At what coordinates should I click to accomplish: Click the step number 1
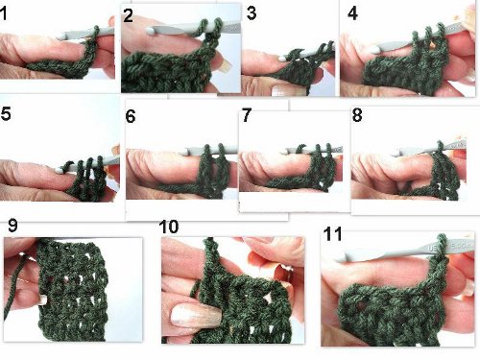coord(3,14)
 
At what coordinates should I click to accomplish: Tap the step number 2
coord(128,15)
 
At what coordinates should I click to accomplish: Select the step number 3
coord(252,13)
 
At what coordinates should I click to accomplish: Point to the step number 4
coord(352,13)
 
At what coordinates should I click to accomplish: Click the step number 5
coord(6,113)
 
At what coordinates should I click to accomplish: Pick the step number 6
coord(131,116)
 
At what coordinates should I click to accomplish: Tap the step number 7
coord(247,115)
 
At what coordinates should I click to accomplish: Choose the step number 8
coord(357,115)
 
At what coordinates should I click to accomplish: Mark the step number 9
coord(12,226)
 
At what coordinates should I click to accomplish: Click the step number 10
coord(168,227)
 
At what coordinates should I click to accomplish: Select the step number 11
coord(332,234)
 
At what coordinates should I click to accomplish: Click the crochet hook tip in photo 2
coord(150,31)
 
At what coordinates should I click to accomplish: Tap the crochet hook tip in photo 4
coord(372,49)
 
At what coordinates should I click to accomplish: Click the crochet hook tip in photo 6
coord(187,152)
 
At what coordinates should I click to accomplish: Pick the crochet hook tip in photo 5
coord(60,170)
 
